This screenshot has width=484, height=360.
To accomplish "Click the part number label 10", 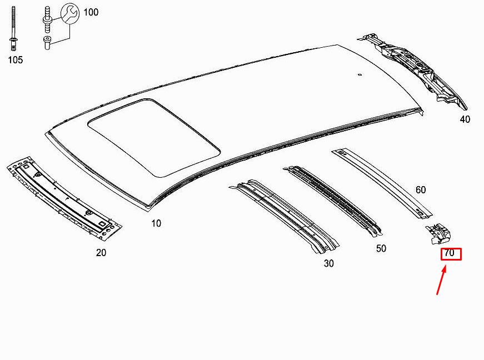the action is point(156,223).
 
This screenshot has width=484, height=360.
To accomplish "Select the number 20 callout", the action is point(101,253).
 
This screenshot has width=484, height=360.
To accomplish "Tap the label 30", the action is point(329,263).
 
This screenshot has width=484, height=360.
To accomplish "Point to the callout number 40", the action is point(465,119).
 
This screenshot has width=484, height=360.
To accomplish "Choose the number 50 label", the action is point(381,248).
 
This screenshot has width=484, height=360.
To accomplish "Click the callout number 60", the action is point(421,189).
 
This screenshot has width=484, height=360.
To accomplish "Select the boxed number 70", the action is point(451,254).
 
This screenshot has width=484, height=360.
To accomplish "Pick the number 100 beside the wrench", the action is point(91,12).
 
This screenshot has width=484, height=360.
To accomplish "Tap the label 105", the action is point(16,60).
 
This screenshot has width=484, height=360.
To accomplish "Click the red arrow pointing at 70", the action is point(441,281).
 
